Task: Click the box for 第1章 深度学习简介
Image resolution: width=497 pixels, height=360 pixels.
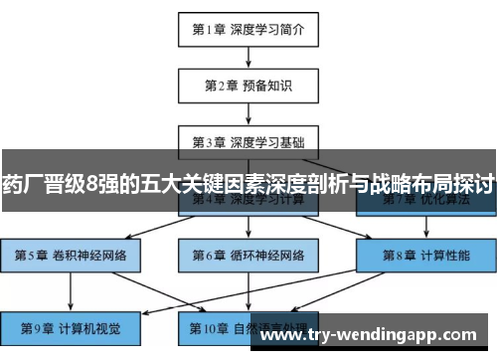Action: click(248, 29)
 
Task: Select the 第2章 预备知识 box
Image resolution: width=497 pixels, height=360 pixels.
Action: click(248, 85)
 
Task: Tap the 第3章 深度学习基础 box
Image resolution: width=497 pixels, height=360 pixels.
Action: click(248, 140)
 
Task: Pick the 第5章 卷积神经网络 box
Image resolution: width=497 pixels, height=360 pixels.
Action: click(70, 255)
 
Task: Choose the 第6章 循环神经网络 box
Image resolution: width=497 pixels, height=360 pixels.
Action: click(248, 255)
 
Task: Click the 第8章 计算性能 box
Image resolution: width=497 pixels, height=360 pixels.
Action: click(425, 255)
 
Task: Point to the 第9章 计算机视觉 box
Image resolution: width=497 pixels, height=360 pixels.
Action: click(70, 325)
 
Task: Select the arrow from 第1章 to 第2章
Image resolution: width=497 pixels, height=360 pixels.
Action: click(248, 57)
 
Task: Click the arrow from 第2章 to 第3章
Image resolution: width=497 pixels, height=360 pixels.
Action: click(248, 112)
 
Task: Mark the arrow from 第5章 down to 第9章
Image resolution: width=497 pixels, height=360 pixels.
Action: click(70, 289)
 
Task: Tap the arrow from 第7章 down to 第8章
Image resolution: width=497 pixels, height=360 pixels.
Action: click(425, 227)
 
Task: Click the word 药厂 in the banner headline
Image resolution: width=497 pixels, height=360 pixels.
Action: click(23, 184)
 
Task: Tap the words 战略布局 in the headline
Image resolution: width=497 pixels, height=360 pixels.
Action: click(410, 184)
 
